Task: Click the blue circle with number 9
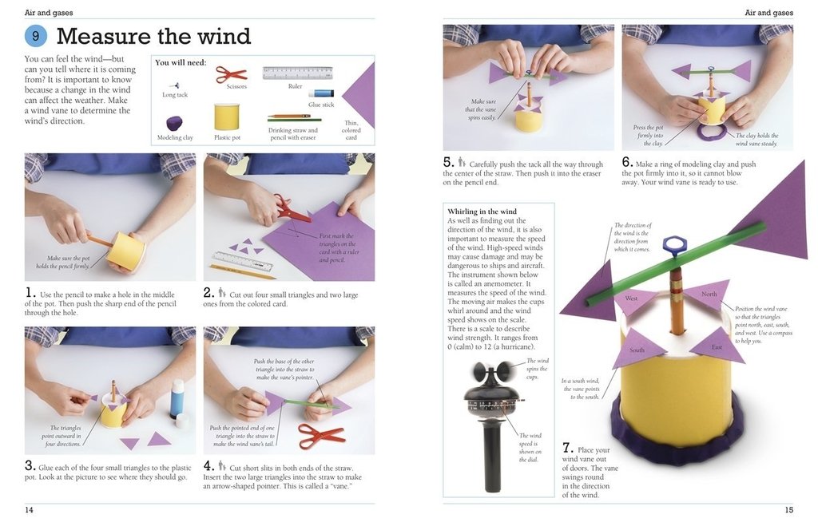(x=36, y=36)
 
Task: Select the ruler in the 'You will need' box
(x=297, y=73)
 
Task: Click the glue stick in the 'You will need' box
(x=321, y=93)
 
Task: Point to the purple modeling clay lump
(x=174, y=123)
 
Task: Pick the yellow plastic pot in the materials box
(x=227, y=117)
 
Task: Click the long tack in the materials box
(x=174, y=84)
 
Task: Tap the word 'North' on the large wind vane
(x=709, y=295)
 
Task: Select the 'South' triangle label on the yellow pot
(x=637, y=350)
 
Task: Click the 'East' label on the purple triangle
(x=717, y=346)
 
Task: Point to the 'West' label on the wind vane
(x=630, y=299)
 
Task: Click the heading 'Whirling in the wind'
(x=482, y=212)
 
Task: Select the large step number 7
(x=567, y=447)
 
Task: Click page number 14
(x=29, y=509)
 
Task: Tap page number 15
(x=788, y=509)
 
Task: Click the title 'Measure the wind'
(x=153, y=36)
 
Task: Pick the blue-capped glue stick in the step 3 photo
(x=177, y=399)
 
